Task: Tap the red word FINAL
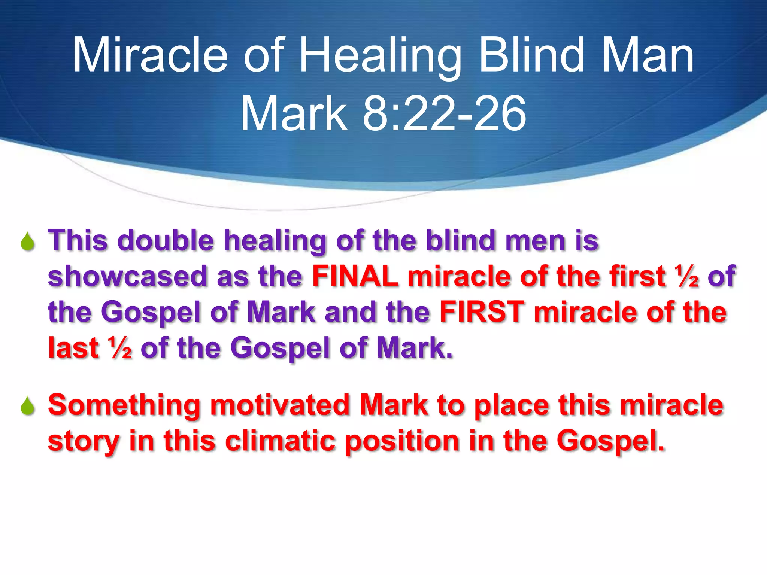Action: tap(355, 276)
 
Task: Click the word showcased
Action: tap(127, 276)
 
